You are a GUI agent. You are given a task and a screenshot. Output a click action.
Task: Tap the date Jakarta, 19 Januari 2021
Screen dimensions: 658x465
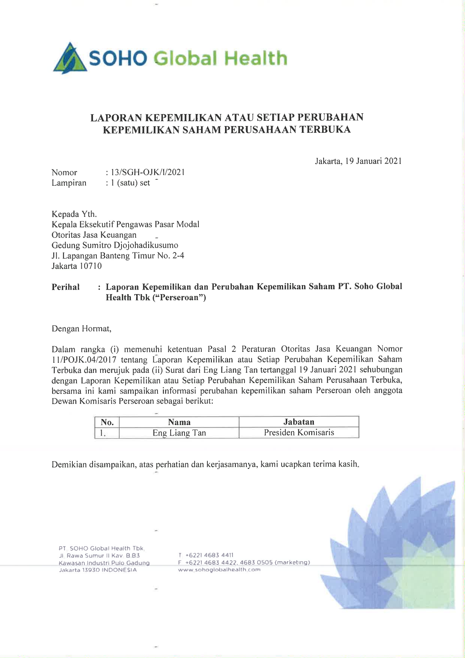[x=358, y=161]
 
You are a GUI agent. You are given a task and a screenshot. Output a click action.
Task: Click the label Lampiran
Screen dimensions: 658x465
[x=69, y=183]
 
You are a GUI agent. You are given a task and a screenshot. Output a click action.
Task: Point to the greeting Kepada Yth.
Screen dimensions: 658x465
[x=74, y=214]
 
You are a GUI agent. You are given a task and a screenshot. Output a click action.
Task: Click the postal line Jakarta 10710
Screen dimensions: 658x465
[x=76, y=266]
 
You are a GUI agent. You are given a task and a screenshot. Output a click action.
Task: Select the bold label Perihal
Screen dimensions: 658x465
[x=66, y=287]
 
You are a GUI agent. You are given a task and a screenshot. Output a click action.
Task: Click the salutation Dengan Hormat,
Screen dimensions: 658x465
[x=81, y=329]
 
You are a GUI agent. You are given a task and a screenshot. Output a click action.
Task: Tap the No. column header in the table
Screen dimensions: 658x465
[x=107, y=422]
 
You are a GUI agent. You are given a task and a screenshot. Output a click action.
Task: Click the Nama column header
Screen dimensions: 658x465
[x=179, y=422]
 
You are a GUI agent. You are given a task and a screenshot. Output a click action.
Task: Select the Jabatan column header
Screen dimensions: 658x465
[x=299, y=422]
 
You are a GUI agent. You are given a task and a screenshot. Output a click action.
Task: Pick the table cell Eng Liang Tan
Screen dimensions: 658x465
[x=179, y=433]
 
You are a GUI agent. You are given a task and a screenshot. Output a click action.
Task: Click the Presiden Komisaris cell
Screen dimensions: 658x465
[x=299, y=433]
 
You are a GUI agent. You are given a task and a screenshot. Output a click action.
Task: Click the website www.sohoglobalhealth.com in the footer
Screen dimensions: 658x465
[x=219, y=569]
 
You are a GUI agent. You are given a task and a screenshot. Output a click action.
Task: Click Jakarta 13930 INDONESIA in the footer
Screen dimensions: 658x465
[x=98, y=570]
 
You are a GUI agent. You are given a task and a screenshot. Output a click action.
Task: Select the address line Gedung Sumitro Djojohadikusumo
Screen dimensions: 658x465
[x=115, y=245]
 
